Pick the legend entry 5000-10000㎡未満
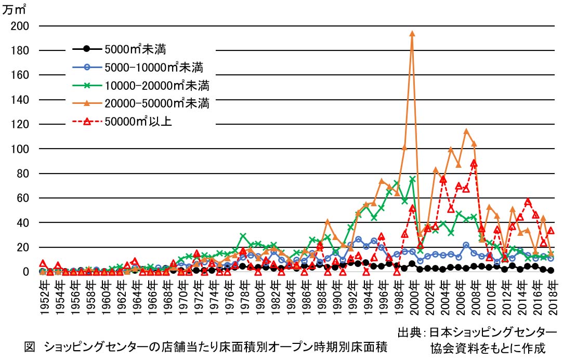point(153,66)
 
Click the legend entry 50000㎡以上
point(138,122)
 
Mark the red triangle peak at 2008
point(474,163)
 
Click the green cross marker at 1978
point(243,236)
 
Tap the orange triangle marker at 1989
point(328,221)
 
